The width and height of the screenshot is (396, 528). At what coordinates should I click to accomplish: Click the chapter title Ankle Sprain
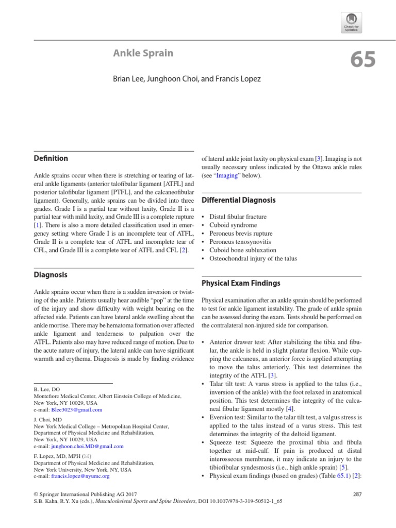[143, 53]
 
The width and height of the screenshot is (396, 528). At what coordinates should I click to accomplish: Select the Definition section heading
[51, 158]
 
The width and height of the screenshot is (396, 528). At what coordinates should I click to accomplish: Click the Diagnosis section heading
[51, 275]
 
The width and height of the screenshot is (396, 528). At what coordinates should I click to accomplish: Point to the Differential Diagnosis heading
[238, 200]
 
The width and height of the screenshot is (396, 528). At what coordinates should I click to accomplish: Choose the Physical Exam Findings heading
[241, 283]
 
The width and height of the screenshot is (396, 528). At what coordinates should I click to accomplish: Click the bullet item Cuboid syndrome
[233, 225]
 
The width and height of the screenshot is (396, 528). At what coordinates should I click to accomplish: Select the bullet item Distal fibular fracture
[238, 217]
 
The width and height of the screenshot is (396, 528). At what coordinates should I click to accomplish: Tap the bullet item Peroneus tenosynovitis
[240, 242]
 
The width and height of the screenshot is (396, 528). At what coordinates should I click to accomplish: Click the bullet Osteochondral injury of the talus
[253, 258]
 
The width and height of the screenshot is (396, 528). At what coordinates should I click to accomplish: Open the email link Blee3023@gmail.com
[76, 410]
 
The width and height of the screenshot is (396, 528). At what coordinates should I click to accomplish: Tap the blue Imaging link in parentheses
[226, 175]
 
